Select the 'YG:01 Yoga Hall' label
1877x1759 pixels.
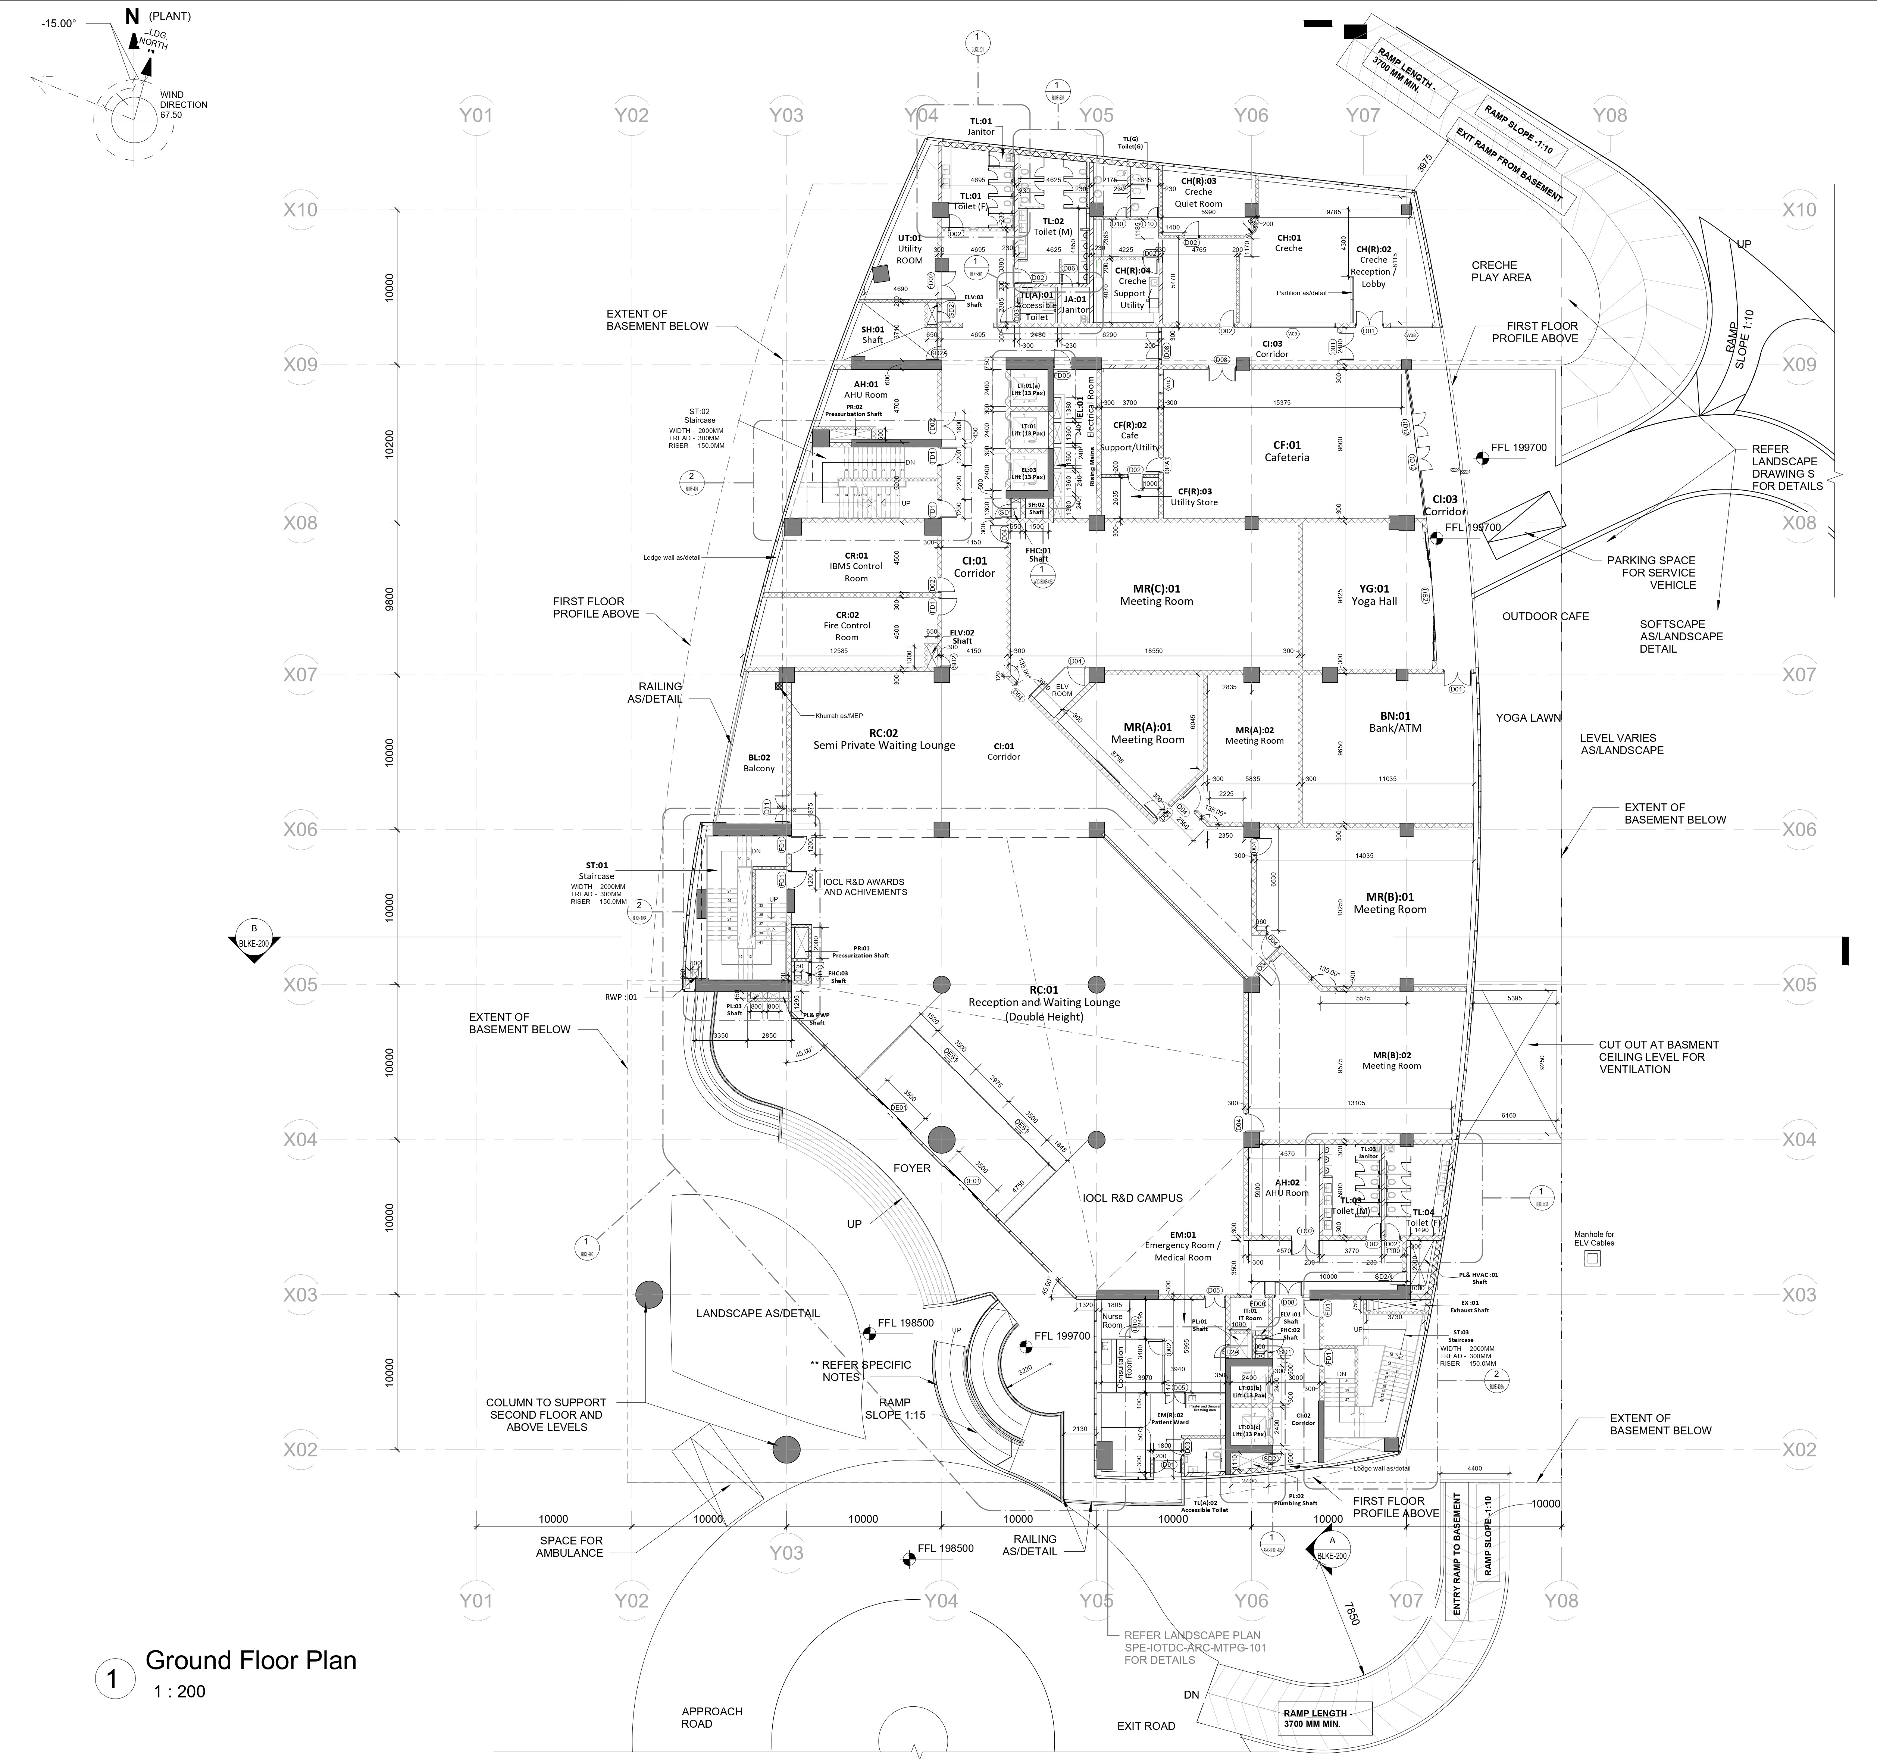click(1374, 595)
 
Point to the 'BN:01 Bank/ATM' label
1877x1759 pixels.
click(1395, 722)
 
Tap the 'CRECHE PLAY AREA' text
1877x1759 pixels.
click(1501, 271)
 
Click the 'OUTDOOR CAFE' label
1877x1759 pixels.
click(1546, 616)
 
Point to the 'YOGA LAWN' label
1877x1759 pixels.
click(1528, 718)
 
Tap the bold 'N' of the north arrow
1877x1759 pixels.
click(131, 16)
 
